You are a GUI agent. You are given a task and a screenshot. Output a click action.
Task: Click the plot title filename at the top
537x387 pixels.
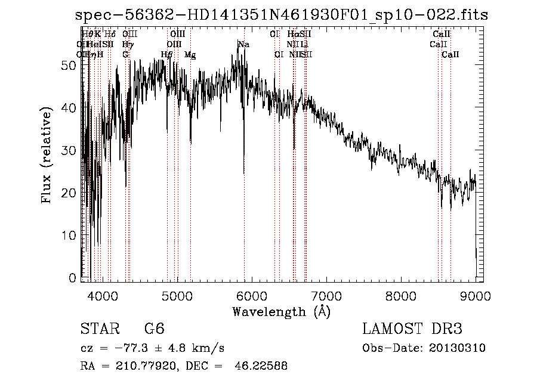pos(282,15)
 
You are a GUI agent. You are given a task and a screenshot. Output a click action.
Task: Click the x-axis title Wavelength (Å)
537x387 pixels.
pos(281,311)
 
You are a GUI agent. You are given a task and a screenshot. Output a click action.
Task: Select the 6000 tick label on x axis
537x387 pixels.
pos(252,295)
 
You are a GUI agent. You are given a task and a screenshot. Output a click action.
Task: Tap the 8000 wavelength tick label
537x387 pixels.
pos(401,295)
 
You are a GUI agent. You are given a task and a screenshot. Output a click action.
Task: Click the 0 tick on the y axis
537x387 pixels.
pos(72,278)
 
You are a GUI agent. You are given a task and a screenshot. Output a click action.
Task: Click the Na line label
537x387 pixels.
pos(243,45)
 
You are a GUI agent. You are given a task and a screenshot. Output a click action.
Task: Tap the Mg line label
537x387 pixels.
pos(190,55)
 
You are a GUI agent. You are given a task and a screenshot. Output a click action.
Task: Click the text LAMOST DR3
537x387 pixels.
pos(412,329)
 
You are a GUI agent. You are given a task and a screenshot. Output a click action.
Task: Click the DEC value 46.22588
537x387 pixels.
pos(263,366)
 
